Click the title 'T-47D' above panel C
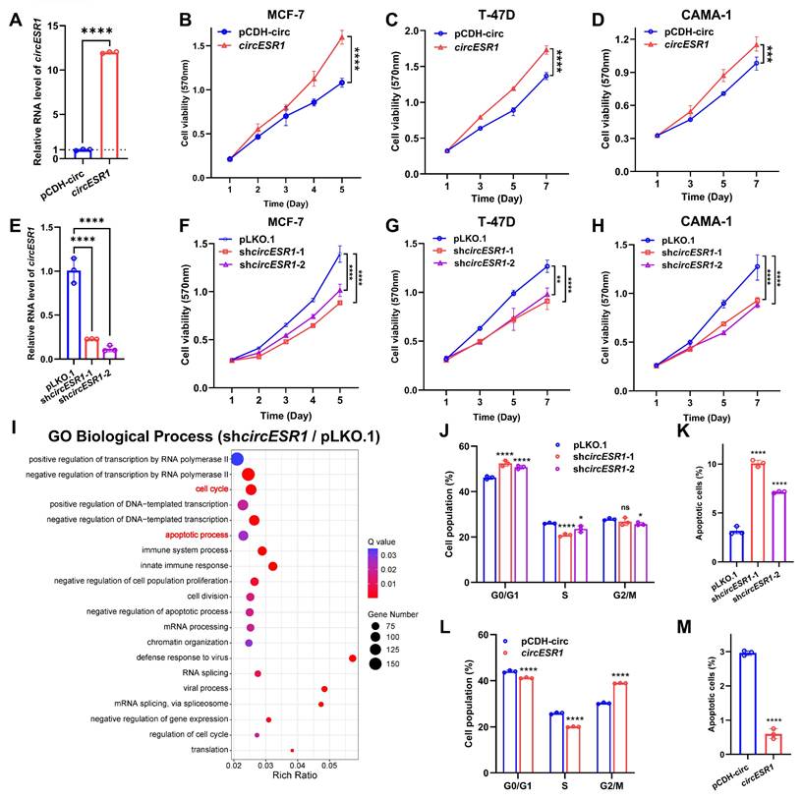pyautogui.click(x=490, y=17)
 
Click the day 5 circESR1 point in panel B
pyautogui.click(x=342, y=37)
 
